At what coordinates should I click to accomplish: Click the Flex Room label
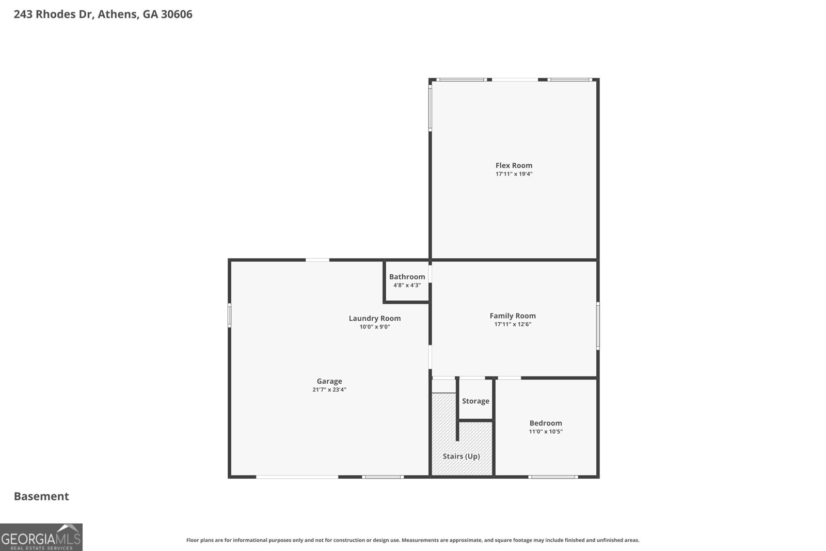(x=514, y=166)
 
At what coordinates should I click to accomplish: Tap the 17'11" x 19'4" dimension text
(x=514, y=174)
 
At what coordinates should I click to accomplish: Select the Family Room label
(x=513, y=316)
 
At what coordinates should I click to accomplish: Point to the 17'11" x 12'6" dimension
(x=513, y=324)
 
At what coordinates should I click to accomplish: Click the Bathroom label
(x=407, y=277)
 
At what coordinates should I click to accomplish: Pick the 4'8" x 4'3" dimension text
(x=407, y=285)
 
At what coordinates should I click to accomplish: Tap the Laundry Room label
(x=374, y=319)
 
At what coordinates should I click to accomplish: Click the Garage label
(x=329, y=382)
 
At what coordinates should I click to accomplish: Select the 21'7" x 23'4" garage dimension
(x=329, y=390)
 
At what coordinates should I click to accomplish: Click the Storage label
(x=475, y=401)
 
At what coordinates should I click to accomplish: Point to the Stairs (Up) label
(x=461, y=456)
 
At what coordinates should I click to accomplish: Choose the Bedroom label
(x=546, y=423)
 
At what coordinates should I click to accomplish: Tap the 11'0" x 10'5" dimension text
(x=546, y=432)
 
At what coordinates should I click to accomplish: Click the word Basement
(x=41, y=496)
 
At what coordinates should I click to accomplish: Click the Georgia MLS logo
(x=41, y=537)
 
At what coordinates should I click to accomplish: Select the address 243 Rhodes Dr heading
(x=103, y=14)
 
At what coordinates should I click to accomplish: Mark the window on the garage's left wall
(x=230, y=315)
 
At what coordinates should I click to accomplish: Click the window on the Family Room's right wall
(x=598, y=326)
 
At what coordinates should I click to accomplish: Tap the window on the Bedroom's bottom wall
(x=552, y=477)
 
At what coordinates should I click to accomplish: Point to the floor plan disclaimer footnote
(x=412, y=540)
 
